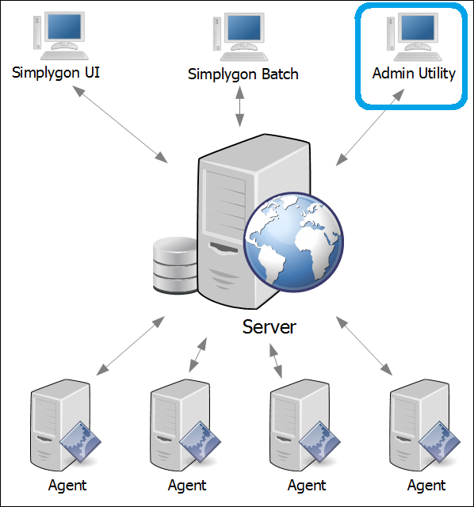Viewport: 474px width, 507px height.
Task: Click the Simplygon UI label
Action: tap(55, 73)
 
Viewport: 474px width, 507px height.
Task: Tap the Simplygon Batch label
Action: tap(243, 74)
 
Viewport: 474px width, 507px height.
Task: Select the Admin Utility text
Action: tap(414, 74)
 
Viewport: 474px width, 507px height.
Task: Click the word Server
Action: tap(269, 327)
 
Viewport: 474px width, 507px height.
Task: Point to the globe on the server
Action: tap(293, 242)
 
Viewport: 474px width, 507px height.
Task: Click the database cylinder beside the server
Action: tap(175, 266)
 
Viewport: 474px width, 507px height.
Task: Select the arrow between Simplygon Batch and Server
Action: tap(239, 107)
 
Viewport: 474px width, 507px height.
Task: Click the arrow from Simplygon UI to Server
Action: tap(120, 124)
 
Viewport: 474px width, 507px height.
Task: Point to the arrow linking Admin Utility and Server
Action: tap(370, 128)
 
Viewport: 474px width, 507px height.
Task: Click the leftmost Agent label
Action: tap(67, 486)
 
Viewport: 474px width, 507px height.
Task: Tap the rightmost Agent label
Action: tap(426, 486)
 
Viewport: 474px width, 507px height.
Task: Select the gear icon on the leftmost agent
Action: tap(80, 442)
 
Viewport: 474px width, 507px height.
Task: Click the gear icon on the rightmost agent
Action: tap(439, 442)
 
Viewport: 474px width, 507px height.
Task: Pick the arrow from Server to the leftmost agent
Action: tap(131, 345)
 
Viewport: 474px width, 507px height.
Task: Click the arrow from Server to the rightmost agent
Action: tap(364, 345)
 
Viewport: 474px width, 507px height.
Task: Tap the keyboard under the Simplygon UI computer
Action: tap(64, 55)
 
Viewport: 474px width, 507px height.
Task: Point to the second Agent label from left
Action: tap(187, 486)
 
